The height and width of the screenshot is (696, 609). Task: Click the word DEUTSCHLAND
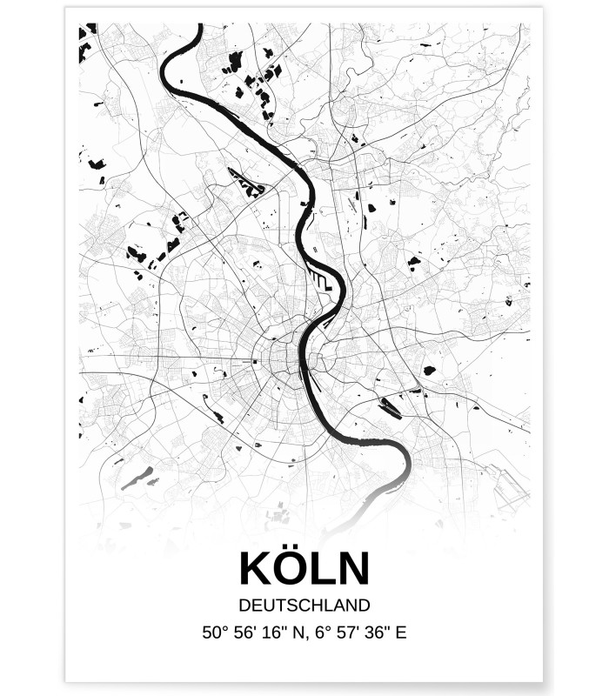coord(304,605)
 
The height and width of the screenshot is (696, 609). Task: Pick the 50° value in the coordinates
coord(214,632)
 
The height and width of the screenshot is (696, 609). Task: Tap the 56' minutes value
coord(245,632)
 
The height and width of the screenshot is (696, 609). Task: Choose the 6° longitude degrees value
coord(323,632)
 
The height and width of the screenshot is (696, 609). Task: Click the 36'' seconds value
coord(379,632)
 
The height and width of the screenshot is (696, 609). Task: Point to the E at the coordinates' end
coord(401,632)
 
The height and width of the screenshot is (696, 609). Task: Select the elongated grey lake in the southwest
coord(137,478)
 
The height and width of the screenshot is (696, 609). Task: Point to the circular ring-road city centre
coord(284,357)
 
